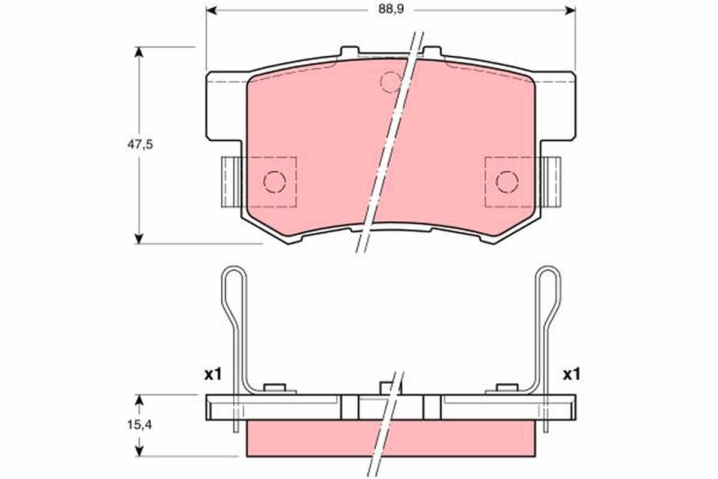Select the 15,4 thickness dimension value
[x=139, y=425]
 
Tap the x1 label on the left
[x=212, y=375]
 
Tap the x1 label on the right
[x=571, y=375]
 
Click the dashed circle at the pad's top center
[x=391, y=81]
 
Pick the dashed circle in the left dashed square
[x=275, y=181]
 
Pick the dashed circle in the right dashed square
[x=507, y=181]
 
